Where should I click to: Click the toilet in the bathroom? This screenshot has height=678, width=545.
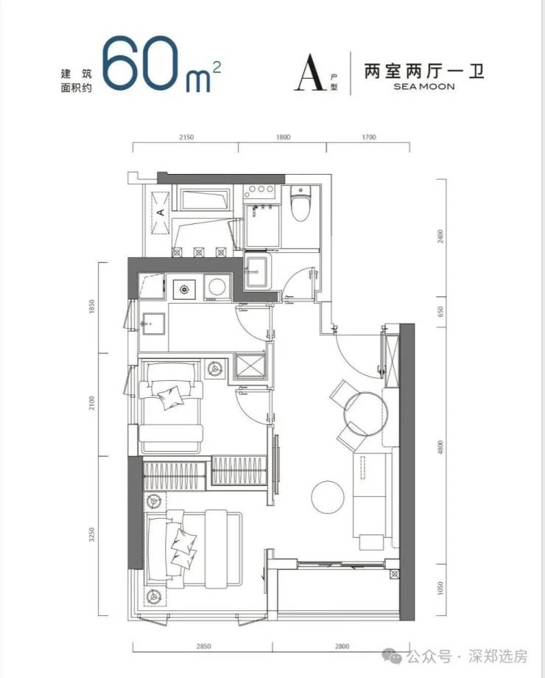300,203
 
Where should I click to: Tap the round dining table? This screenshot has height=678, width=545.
365,414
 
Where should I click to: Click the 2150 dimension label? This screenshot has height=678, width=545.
186,138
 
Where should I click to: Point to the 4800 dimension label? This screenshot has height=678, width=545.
440,447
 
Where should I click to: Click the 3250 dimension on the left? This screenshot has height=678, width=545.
91,535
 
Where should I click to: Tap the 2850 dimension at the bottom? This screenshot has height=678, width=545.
203,646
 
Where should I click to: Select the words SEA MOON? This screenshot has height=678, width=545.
424,86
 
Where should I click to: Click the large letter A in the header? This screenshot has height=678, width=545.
310,73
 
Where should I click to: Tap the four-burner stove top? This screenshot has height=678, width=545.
259,189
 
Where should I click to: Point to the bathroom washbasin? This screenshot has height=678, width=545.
258,271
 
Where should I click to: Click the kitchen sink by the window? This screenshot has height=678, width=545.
152,324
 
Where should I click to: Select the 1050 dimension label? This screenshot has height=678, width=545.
440,588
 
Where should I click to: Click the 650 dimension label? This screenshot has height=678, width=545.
440,311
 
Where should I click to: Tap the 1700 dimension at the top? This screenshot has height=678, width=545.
369,138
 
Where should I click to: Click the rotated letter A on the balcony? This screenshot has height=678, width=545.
161,212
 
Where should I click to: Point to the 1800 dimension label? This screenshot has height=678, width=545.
283,138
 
